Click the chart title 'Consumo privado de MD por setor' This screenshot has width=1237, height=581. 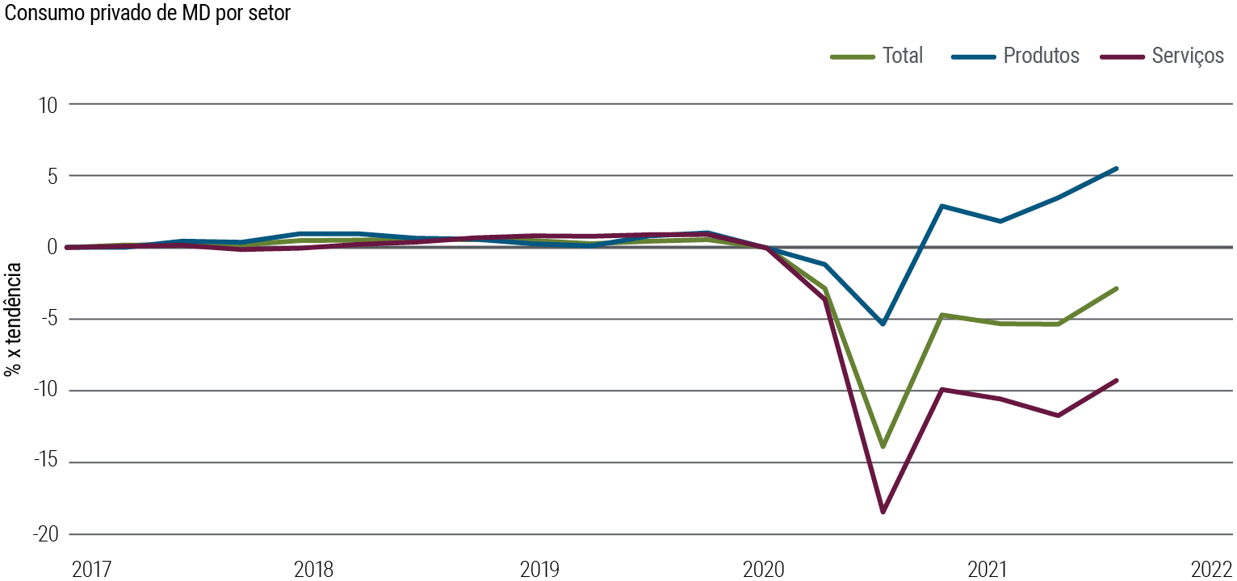(x=147, y=14)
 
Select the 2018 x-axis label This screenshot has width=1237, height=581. (x=313, y=570)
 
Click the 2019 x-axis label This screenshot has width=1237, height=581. (x=539, y=570)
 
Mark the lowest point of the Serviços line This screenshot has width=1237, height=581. (x=883, y=512)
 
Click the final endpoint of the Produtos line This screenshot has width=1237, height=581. (x=1116, y=169)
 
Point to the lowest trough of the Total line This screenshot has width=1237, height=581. (x=883, y=446)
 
